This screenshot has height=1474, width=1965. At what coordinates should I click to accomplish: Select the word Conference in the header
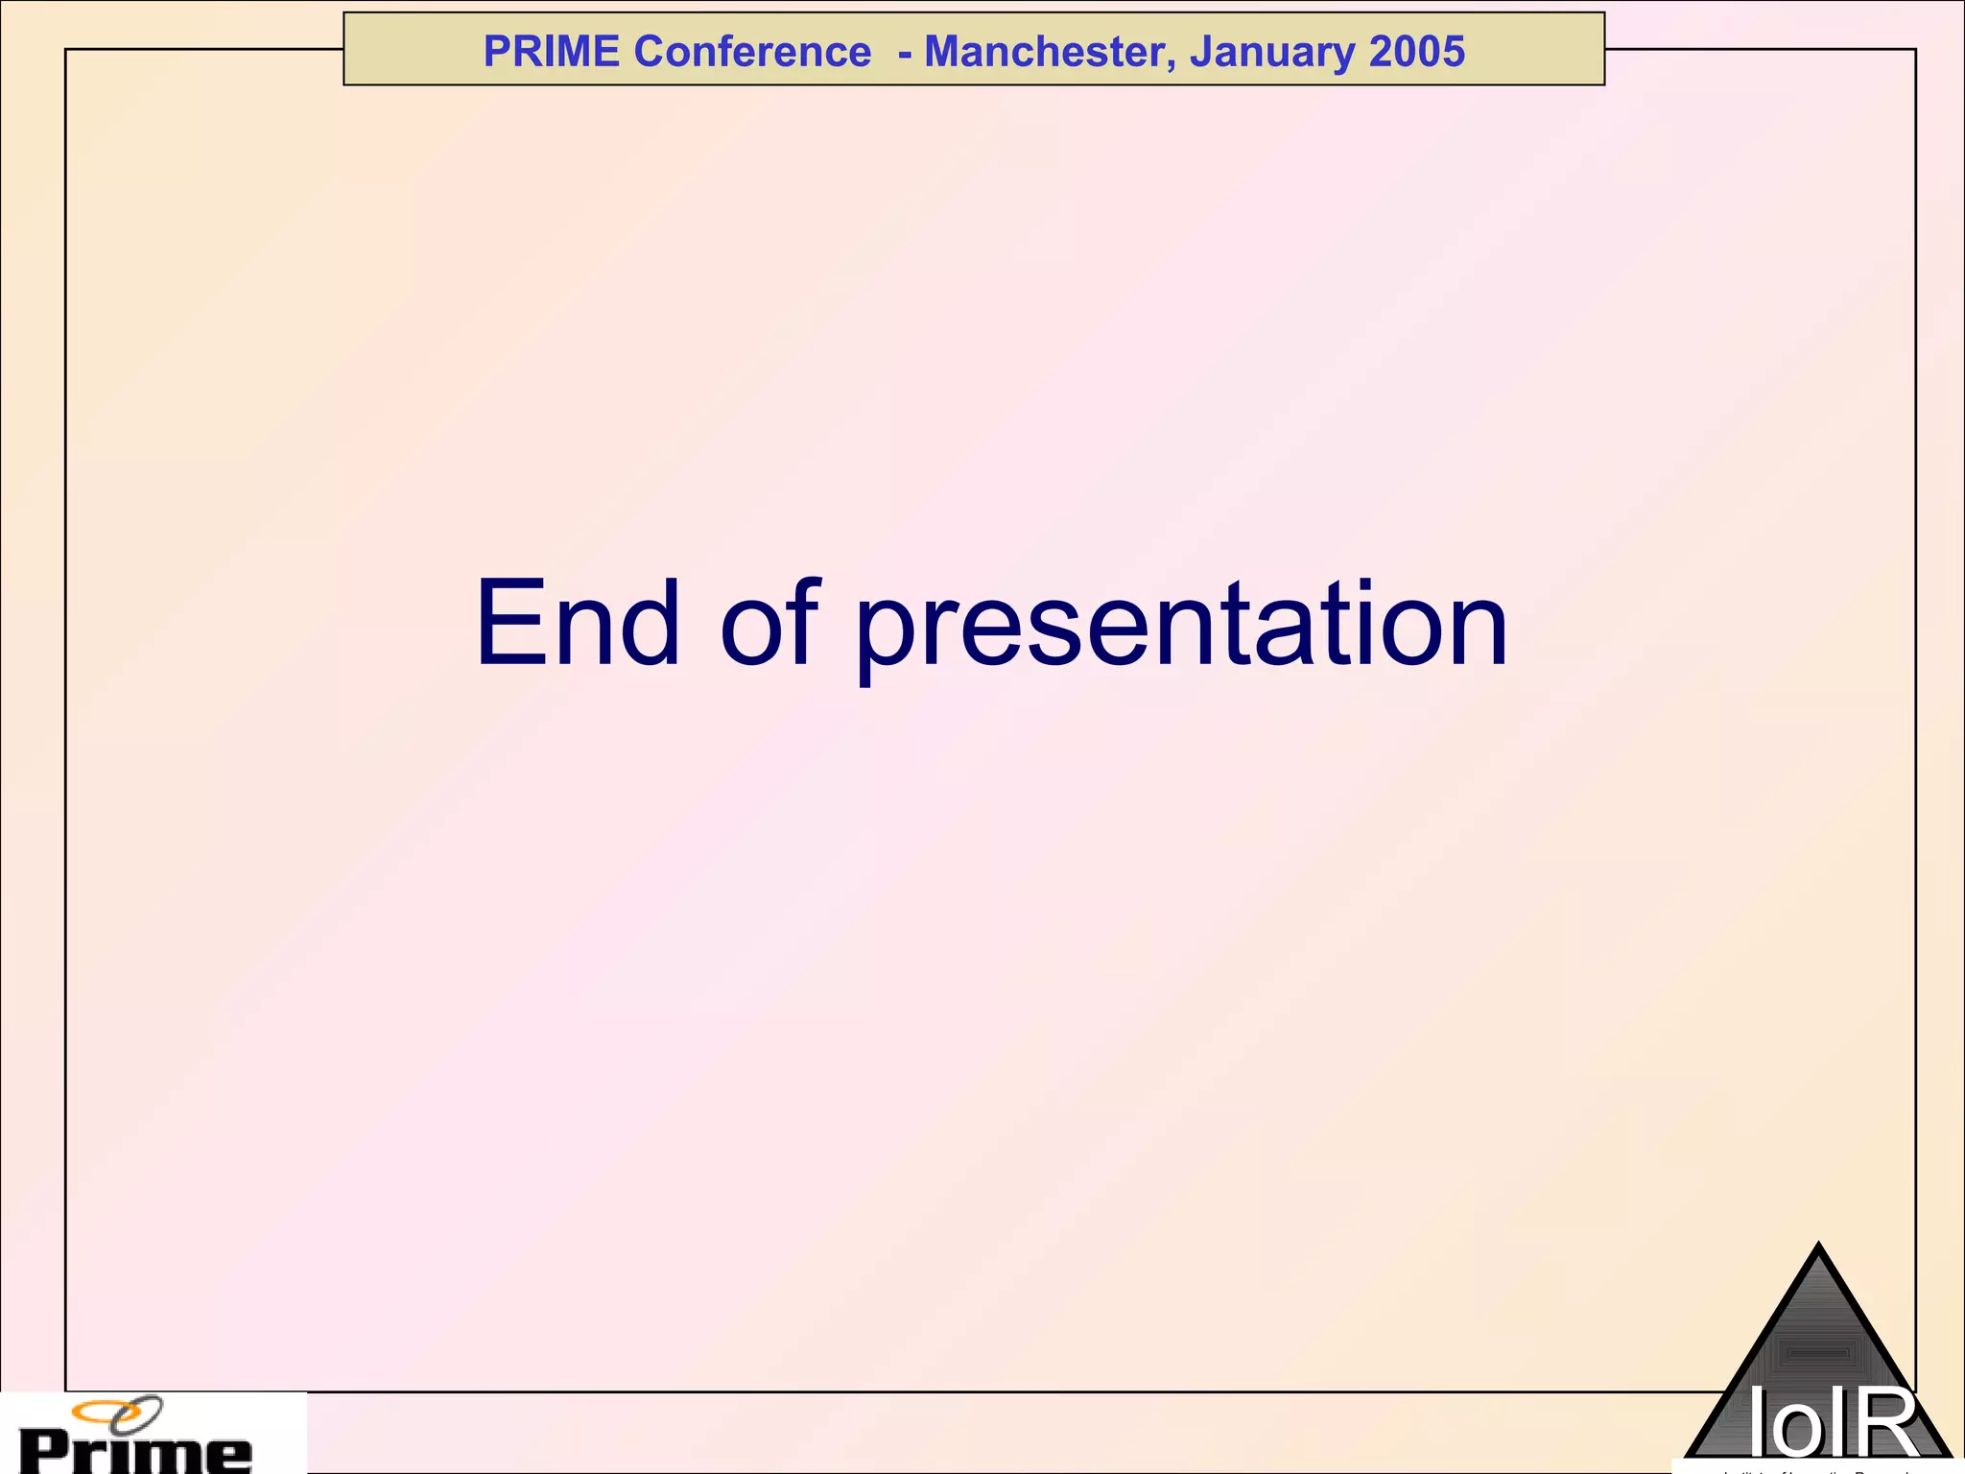point(752,52)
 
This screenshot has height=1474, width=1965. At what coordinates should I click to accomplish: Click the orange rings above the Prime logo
point(117,1413)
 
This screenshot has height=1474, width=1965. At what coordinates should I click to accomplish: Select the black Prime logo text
point(135,1453)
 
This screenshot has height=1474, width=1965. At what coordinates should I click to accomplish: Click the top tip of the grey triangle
point(1818,1247)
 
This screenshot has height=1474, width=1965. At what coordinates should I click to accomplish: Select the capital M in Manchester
point(945,52)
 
